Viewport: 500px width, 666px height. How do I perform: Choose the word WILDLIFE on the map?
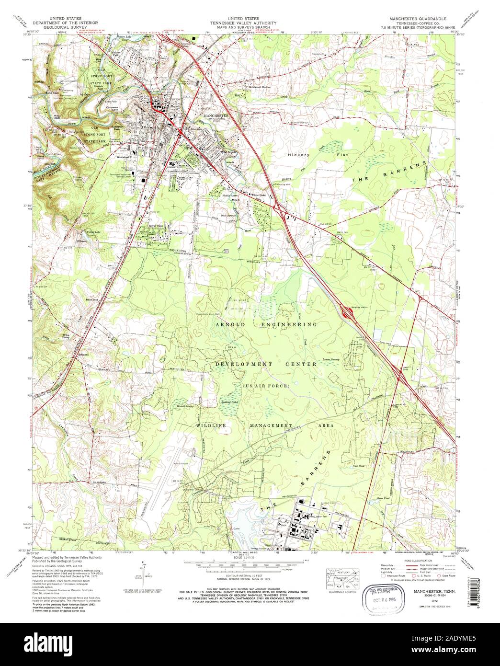pyautogui.click(x=210, y=425)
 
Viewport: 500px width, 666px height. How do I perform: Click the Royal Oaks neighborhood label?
pyautogui.click(x=155, y=225)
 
